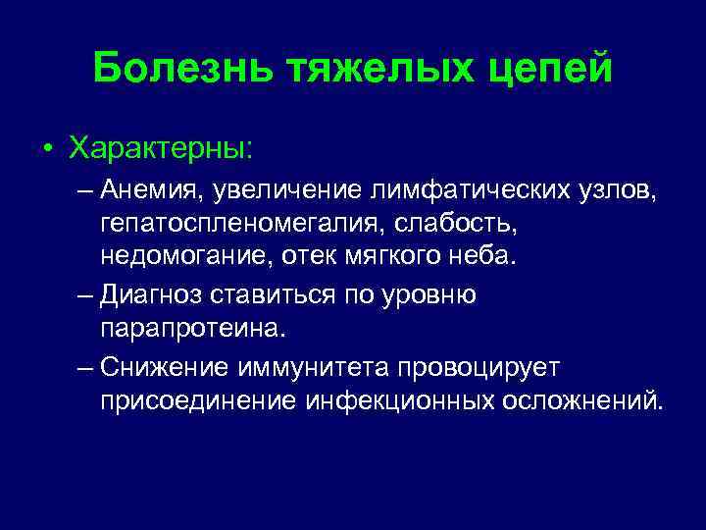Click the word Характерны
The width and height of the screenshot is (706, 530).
point(160,149)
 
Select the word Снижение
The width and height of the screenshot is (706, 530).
point(162,366)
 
